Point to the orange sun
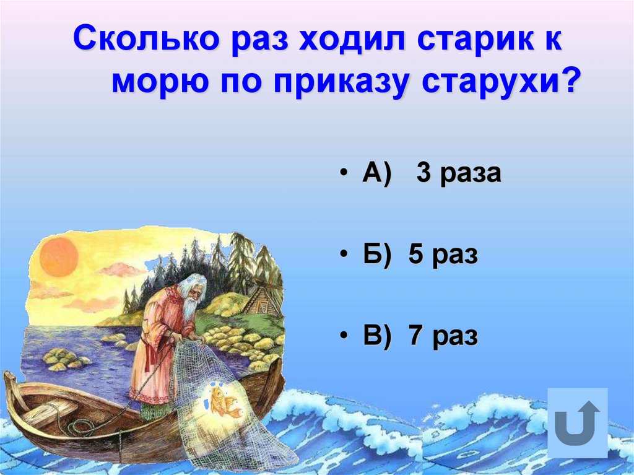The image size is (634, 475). pos(59,256)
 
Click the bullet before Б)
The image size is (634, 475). pos(342,256)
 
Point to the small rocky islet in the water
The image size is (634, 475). pos(62,359)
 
